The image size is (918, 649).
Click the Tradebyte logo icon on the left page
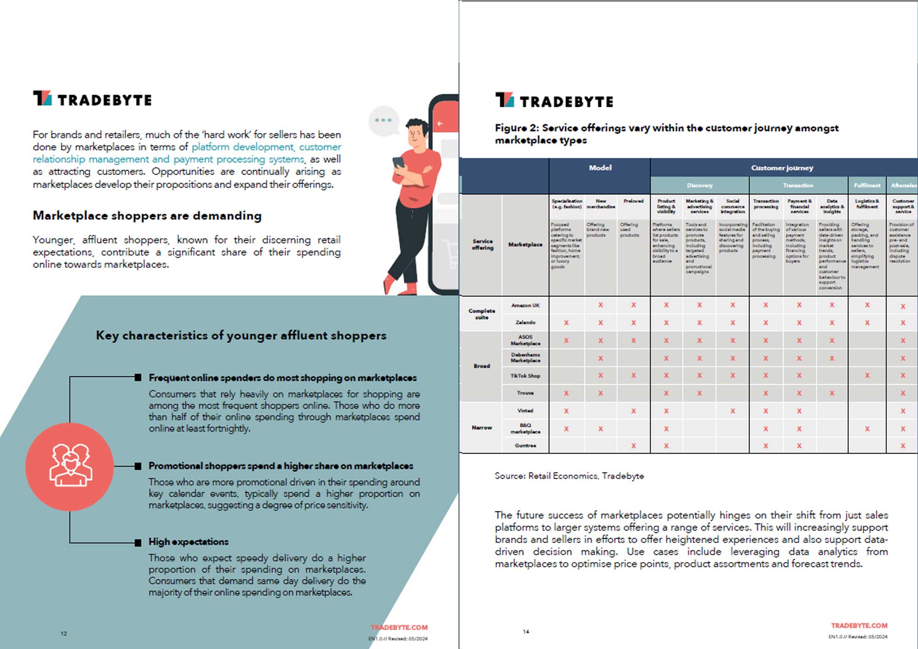(42, 98)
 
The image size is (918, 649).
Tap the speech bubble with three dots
(383, 121)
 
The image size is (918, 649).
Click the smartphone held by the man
(398, 163)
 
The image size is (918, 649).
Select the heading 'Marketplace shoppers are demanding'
(147, 216)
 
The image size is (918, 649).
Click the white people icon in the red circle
(70, 466)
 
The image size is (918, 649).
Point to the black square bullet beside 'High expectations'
(138, 543)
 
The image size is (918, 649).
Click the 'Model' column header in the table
(600, 168)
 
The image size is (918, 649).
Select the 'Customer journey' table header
(782, 168)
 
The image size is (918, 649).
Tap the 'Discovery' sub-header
(700, 185)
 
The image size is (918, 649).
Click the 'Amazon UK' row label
(526, 305)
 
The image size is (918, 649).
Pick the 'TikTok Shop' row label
(526, 376)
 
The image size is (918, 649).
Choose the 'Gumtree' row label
(526, 445)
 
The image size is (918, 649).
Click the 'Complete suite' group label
(481, 314)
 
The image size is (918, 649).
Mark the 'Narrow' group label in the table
(481, 427)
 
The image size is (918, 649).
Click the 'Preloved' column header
(633, 201)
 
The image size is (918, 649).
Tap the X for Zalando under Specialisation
(566, 323)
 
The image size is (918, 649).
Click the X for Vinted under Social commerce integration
(733, 411)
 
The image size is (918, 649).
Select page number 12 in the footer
(64, 633)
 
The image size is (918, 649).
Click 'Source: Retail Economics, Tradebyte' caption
(569, 476)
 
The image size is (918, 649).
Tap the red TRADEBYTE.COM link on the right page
(859, 626)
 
